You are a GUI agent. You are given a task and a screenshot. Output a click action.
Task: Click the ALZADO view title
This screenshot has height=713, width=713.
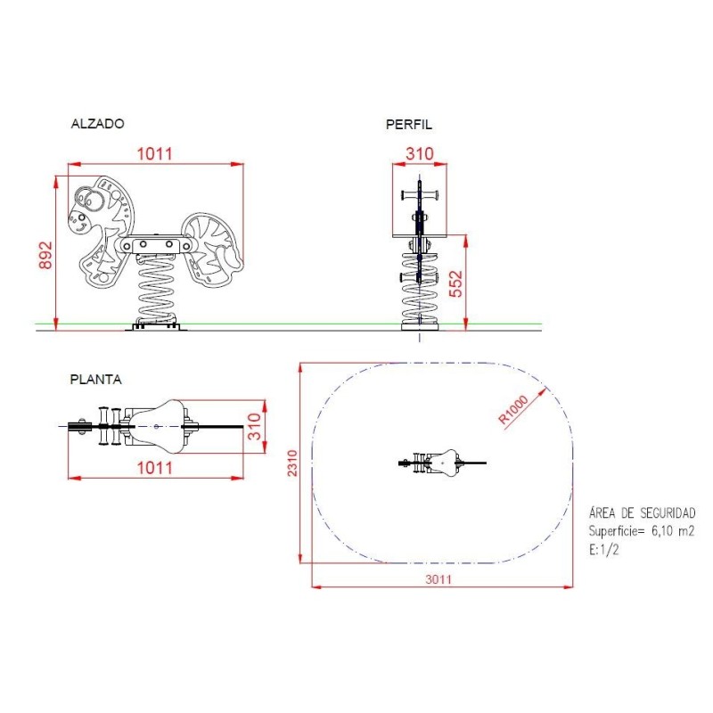(x=97, y=124)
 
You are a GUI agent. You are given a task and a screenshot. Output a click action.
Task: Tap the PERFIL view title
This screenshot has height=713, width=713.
(x=409, y=125)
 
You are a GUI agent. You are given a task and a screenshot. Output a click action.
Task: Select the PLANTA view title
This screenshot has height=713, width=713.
(x=96, y=380)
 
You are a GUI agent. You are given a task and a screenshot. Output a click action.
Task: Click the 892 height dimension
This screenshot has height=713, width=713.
(x=45, y=255)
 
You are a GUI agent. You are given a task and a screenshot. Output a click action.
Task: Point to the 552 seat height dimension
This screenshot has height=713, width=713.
(x=455, y=283)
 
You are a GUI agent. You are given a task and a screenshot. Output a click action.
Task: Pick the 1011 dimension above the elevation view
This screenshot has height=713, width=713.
(x=155, y=153)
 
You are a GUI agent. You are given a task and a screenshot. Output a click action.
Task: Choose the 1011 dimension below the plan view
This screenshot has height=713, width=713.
(x=155, y=468)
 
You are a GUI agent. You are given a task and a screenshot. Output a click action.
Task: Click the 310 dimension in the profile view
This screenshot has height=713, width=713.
(x=420, y=153)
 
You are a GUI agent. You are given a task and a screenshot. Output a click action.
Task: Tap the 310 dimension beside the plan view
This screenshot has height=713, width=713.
(x=255, y=427)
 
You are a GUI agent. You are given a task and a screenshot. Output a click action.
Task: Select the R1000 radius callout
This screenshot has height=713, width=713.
(x=514, y=410)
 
